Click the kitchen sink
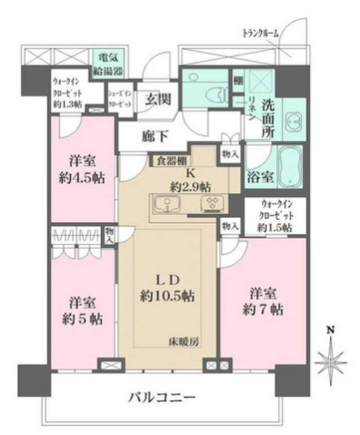(x=170, y=203)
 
